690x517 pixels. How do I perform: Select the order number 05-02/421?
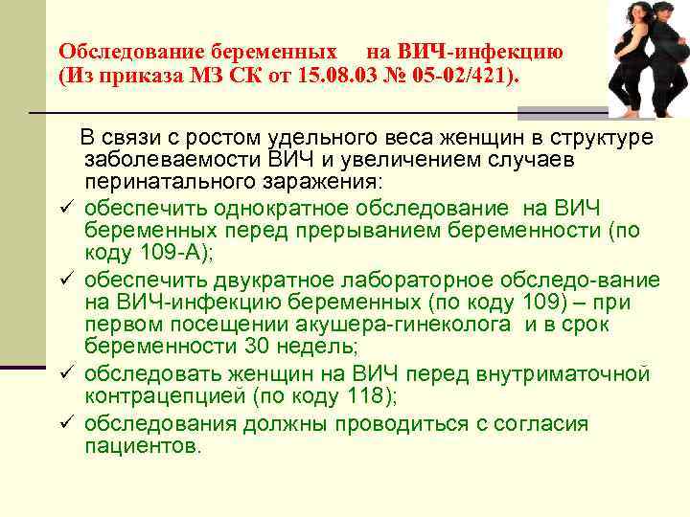coord(466,76)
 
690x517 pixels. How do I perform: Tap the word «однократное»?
coord(249,209)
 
